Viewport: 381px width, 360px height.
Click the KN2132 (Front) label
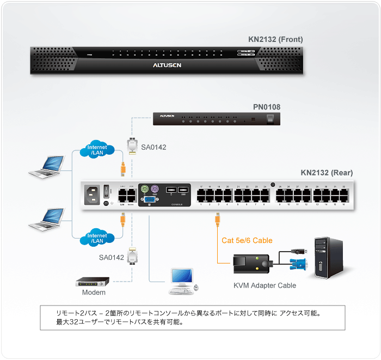(x=275, y=39)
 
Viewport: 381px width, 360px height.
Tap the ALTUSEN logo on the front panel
(x=167, y=64)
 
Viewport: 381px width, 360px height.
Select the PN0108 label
(x=267, y=107)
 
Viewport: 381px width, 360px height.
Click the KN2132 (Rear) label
(x=327, y=173)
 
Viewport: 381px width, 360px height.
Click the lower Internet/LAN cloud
(x=97, y=237)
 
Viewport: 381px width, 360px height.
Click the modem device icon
(x=93, y=282)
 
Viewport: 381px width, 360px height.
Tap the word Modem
(x=94, y=293)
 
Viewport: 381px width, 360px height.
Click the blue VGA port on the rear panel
(x=147, y=200)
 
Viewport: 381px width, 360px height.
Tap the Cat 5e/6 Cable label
(x=247, y=240)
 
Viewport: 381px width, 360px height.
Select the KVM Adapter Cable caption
(x=265, y=285)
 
